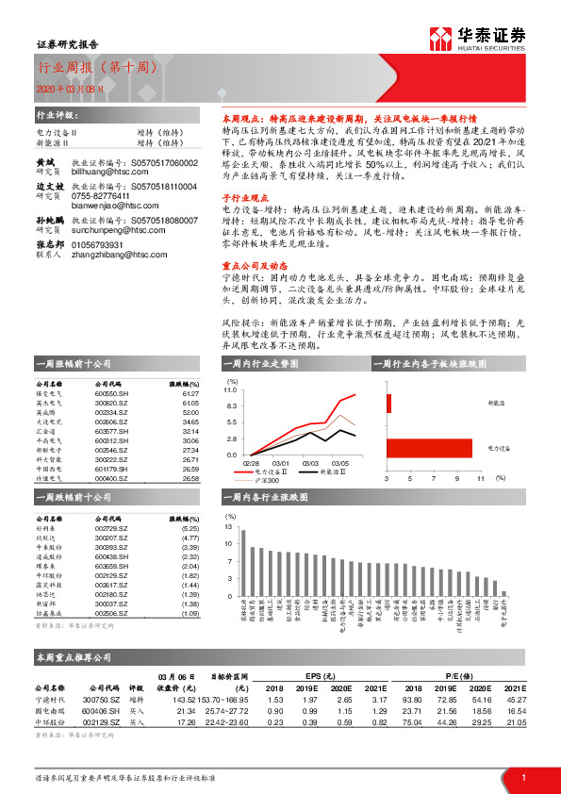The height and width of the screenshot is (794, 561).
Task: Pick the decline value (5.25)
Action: [190, 530]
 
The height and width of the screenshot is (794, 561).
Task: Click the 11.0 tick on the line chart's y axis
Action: [232, 389]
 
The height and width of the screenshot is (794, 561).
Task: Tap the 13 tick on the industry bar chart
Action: [230, 530]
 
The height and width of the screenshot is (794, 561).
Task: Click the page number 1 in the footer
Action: [522, 776]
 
